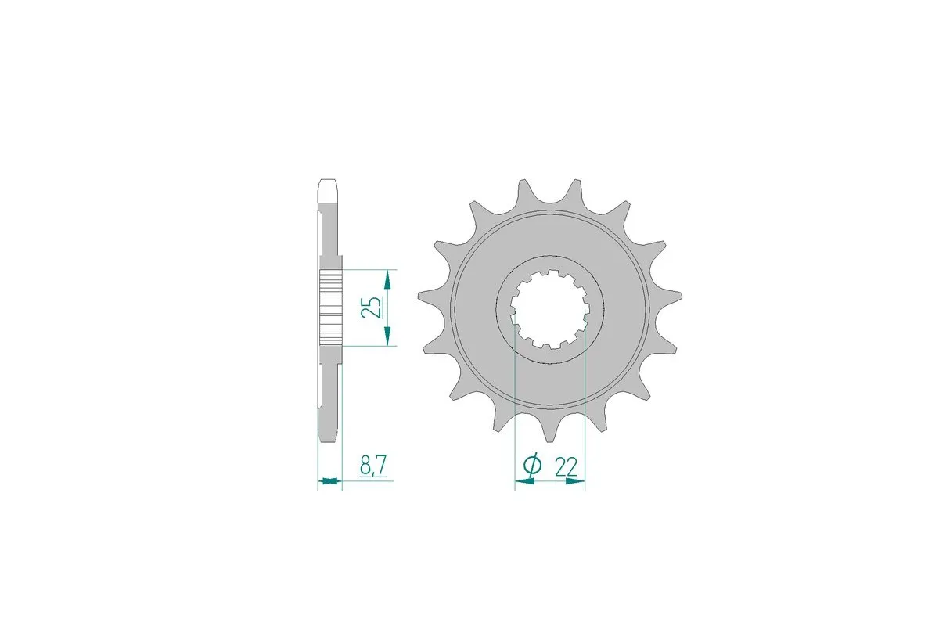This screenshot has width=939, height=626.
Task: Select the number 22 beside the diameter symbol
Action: [566, 467]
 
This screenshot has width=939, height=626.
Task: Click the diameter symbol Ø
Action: [531, 466]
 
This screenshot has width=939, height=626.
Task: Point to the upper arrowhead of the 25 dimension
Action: [387, 277]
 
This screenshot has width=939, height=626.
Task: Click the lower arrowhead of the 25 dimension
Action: [387, 338]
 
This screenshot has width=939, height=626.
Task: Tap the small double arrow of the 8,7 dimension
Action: [329, 480]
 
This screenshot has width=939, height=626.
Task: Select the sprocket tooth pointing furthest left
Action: [423, 295]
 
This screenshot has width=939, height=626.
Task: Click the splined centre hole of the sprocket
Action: [549, 308]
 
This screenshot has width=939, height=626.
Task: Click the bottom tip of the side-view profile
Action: [329, 432]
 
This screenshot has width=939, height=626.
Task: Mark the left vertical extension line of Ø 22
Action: [514, 407]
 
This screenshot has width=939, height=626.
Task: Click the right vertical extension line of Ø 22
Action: [585, 407]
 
